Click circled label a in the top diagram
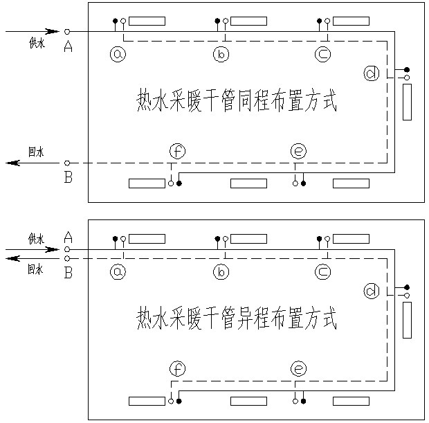[118, 53]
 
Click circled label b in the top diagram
[221, 53]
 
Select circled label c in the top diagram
[322, 53]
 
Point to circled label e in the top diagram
[298, 151]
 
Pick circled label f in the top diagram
[178, 151]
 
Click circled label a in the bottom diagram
[118, 272]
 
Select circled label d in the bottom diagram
[372, 291]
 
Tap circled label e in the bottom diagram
[298, 369]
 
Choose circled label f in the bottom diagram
[178, 369]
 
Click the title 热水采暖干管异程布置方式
[237, 320]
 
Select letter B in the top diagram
[68, 178]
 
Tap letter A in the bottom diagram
[68, 237]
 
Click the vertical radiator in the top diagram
[407, 102]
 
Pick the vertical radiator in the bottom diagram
[407, 320]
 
